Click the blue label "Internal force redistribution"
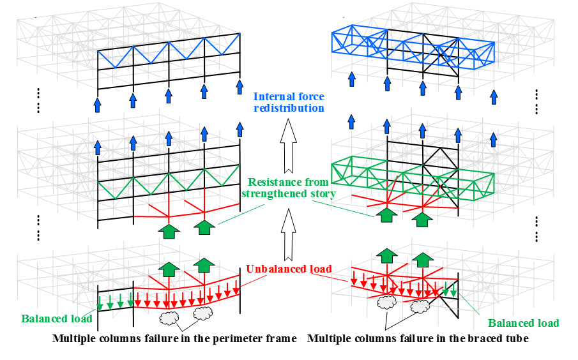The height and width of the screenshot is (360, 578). tap(289, 102)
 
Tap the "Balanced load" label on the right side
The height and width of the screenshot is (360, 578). tap(523, 323)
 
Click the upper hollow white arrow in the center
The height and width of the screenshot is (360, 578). tap(288, 144)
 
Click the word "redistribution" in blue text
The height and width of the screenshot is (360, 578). tap(289, 108)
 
